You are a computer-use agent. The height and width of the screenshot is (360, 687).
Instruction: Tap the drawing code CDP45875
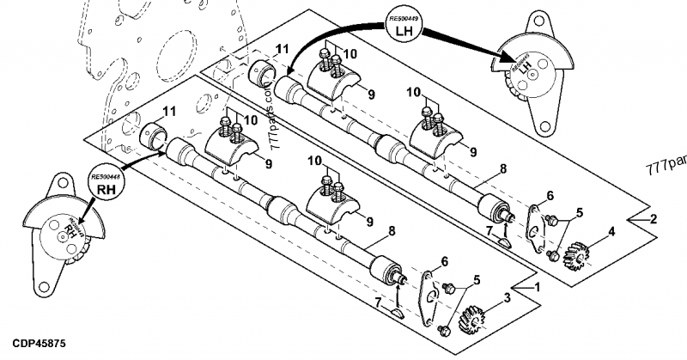33,343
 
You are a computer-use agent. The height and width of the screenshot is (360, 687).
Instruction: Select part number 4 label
611,231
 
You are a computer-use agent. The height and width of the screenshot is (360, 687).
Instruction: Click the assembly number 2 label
654,219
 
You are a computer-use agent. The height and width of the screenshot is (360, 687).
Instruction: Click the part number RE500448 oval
105,176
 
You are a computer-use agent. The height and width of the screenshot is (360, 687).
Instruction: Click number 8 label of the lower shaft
392,230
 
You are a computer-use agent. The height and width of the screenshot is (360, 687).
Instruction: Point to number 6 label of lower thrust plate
444,261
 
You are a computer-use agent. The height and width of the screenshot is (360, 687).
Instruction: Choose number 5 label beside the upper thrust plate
579,211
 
